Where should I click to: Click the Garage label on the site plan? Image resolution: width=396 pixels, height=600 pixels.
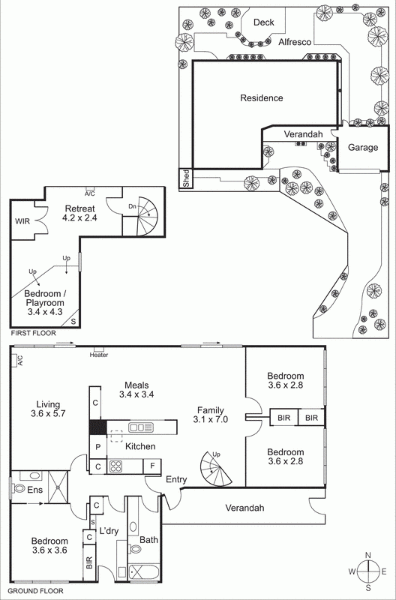pyautogui.click(x=362, y=148)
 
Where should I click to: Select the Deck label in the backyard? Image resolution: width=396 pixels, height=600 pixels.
pyautogui.click(x=263, y=22)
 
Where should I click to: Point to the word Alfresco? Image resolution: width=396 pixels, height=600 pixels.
pyautogui.click(x=295, y=43)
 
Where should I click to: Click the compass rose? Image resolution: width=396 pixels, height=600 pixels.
pyautogui.click(x=368, y=571)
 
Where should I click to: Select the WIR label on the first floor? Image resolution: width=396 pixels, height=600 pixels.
pyautogui.click(x=22, y=222)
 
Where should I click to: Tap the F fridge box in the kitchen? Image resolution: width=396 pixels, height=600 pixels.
pyautogui.click(x=152, y=466)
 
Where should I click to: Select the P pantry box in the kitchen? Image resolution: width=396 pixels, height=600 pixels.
pyautogui.click(x=97, y=447)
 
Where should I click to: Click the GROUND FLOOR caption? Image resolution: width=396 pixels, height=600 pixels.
pyautogui.click(x=36, y=592)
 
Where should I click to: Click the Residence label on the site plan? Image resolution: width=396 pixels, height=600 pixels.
pyautogui.click(x=261, y=98)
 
